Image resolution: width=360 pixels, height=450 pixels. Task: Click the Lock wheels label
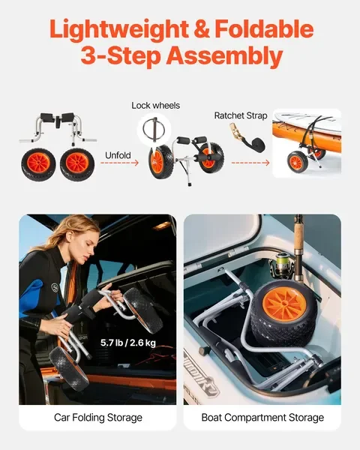(155, 106)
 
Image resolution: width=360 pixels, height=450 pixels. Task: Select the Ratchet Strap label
(238, 115)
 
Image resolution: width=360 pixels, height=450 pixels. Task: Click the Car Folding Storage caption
(97, 417)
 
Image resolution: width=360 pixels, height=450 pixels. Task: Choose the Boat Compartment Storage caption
(262, 417)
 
